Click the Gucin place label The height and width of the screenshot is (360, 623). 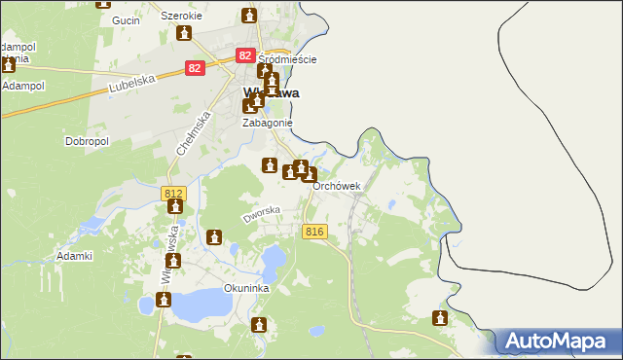(x=126, y=20)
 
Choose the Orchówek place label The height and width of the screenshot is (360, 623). (x=337, y=187)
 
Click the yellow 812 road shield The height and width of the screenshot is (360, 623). (x=173, y=194)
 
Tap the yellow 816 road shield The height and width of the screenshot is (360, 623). (x=313, y=231)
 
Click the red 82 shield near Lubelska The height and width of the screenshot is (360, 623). (x=196, y=68)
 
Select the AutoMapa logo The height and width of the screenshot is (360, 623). (x=559, y=342)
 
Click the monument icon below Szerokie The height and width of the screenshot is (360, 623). (x=184, y=34)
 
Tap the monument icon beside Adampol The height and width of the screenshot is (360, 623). (x=8, y=65)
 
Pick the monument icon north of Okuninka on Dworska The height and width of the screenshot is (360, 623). (x=214, y=236)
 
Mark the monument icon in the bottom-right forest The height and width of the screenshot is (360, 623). (x=440, y=318)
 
